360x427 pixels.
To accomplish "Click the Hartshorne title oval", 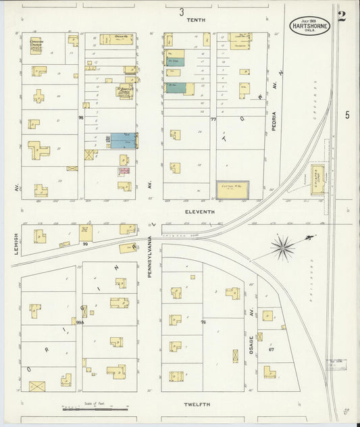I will click(310, 26).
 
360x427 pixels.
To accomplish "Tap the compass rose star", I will click(282, 247).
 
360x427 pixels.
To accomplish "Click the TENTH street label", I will click(197, 20).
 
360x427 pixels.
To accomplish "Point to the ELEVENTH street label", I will click(200, 211).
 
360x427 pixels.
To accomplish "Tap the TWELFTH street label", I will click(197, 404).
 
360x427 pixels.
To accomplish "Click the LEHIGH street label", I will click(16, 241).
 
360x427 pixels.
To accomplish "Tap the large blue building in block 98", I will click(123, 141).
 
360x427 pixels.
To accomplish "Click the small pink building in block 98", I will click(124, 170).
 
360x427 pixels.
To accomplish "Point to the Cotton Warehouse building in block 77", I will click(232, 190).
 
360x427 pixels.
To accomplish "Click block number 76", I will click(203, 322).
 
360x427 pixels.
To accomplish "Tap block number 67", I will click(272, 349).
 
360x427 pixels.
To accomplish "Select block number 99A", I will click(79, 323).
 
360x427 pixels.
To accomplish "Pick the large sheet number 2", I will click(342, 17).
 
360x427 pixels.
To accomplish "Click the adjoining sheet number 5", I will click(347, 115).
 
